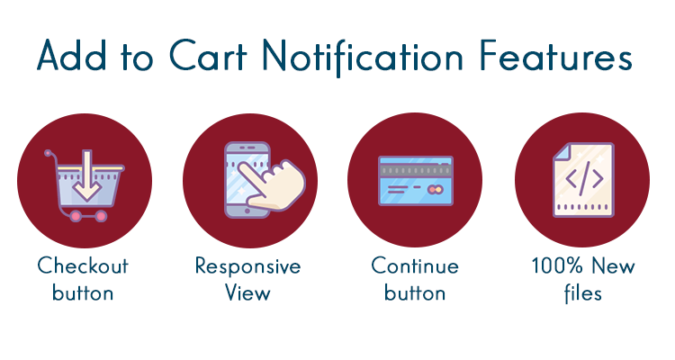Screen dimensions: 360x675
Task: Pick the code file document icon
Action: coord(583,181)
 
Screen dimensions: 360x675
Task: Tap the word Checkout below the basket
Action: coord(83,266)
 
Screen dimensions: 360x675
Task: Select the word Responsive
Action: coord(247,267)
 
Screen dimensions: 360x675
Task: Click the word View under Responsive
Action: coord(247,293)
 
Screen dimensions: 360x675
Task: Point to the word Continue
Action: coord(415,266)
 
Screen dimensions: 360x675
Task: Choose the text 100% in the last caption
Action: coord(557,267)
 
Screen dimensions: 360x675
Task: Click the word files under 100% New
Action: coord(582,293)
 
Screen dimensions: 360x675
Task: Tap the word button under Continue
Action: coord(415,293)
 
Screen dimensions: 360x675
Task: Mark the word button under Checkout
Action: coord(83,293)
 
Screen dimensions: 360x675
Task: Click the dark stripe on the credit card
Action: coord(415,169)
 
